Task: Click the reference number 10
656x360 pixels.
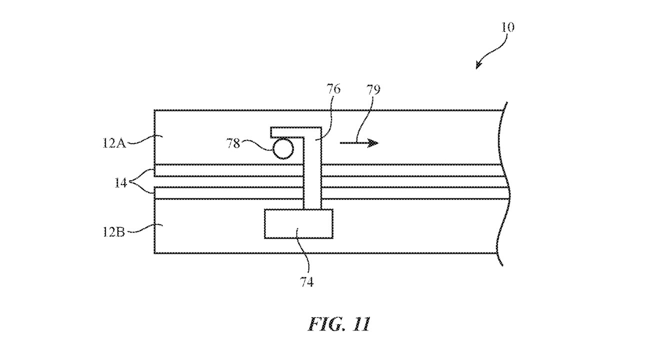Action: (507, 27)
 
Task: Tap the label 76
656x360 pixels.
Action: (333, 89)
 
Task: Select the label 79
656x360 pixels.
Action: (373, 89)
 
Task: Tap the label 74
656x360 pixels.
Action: (306, 282)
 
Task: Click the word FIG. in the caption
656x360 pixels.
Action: (324, 324)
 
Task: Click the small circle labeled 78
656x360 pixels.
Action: (283, 148)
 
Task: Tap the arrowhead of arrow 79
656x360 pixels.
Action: (373, 143)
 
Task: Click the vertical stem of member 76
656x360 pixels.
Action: (312, 175)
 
